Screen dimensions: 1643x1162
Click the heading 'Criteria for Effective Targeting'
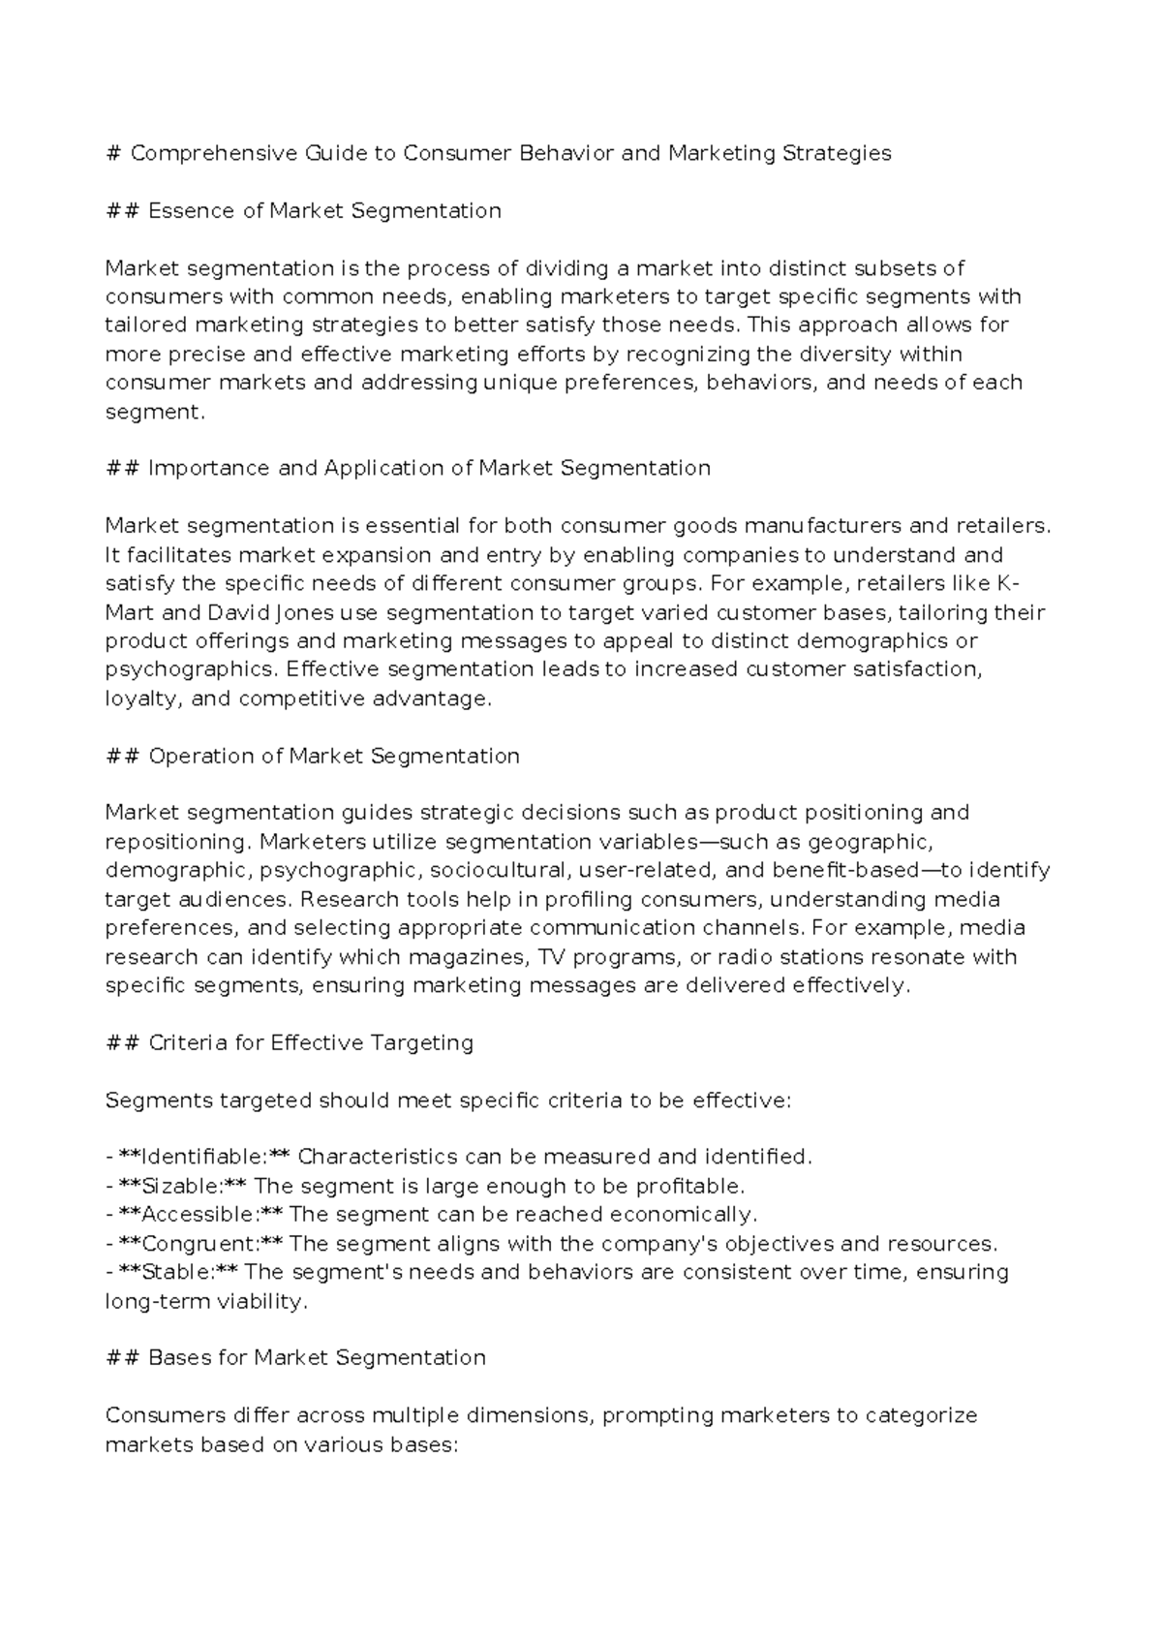[310, 1043]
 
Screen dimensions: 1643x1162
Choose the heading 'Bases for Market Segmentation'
[316, 1358]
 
